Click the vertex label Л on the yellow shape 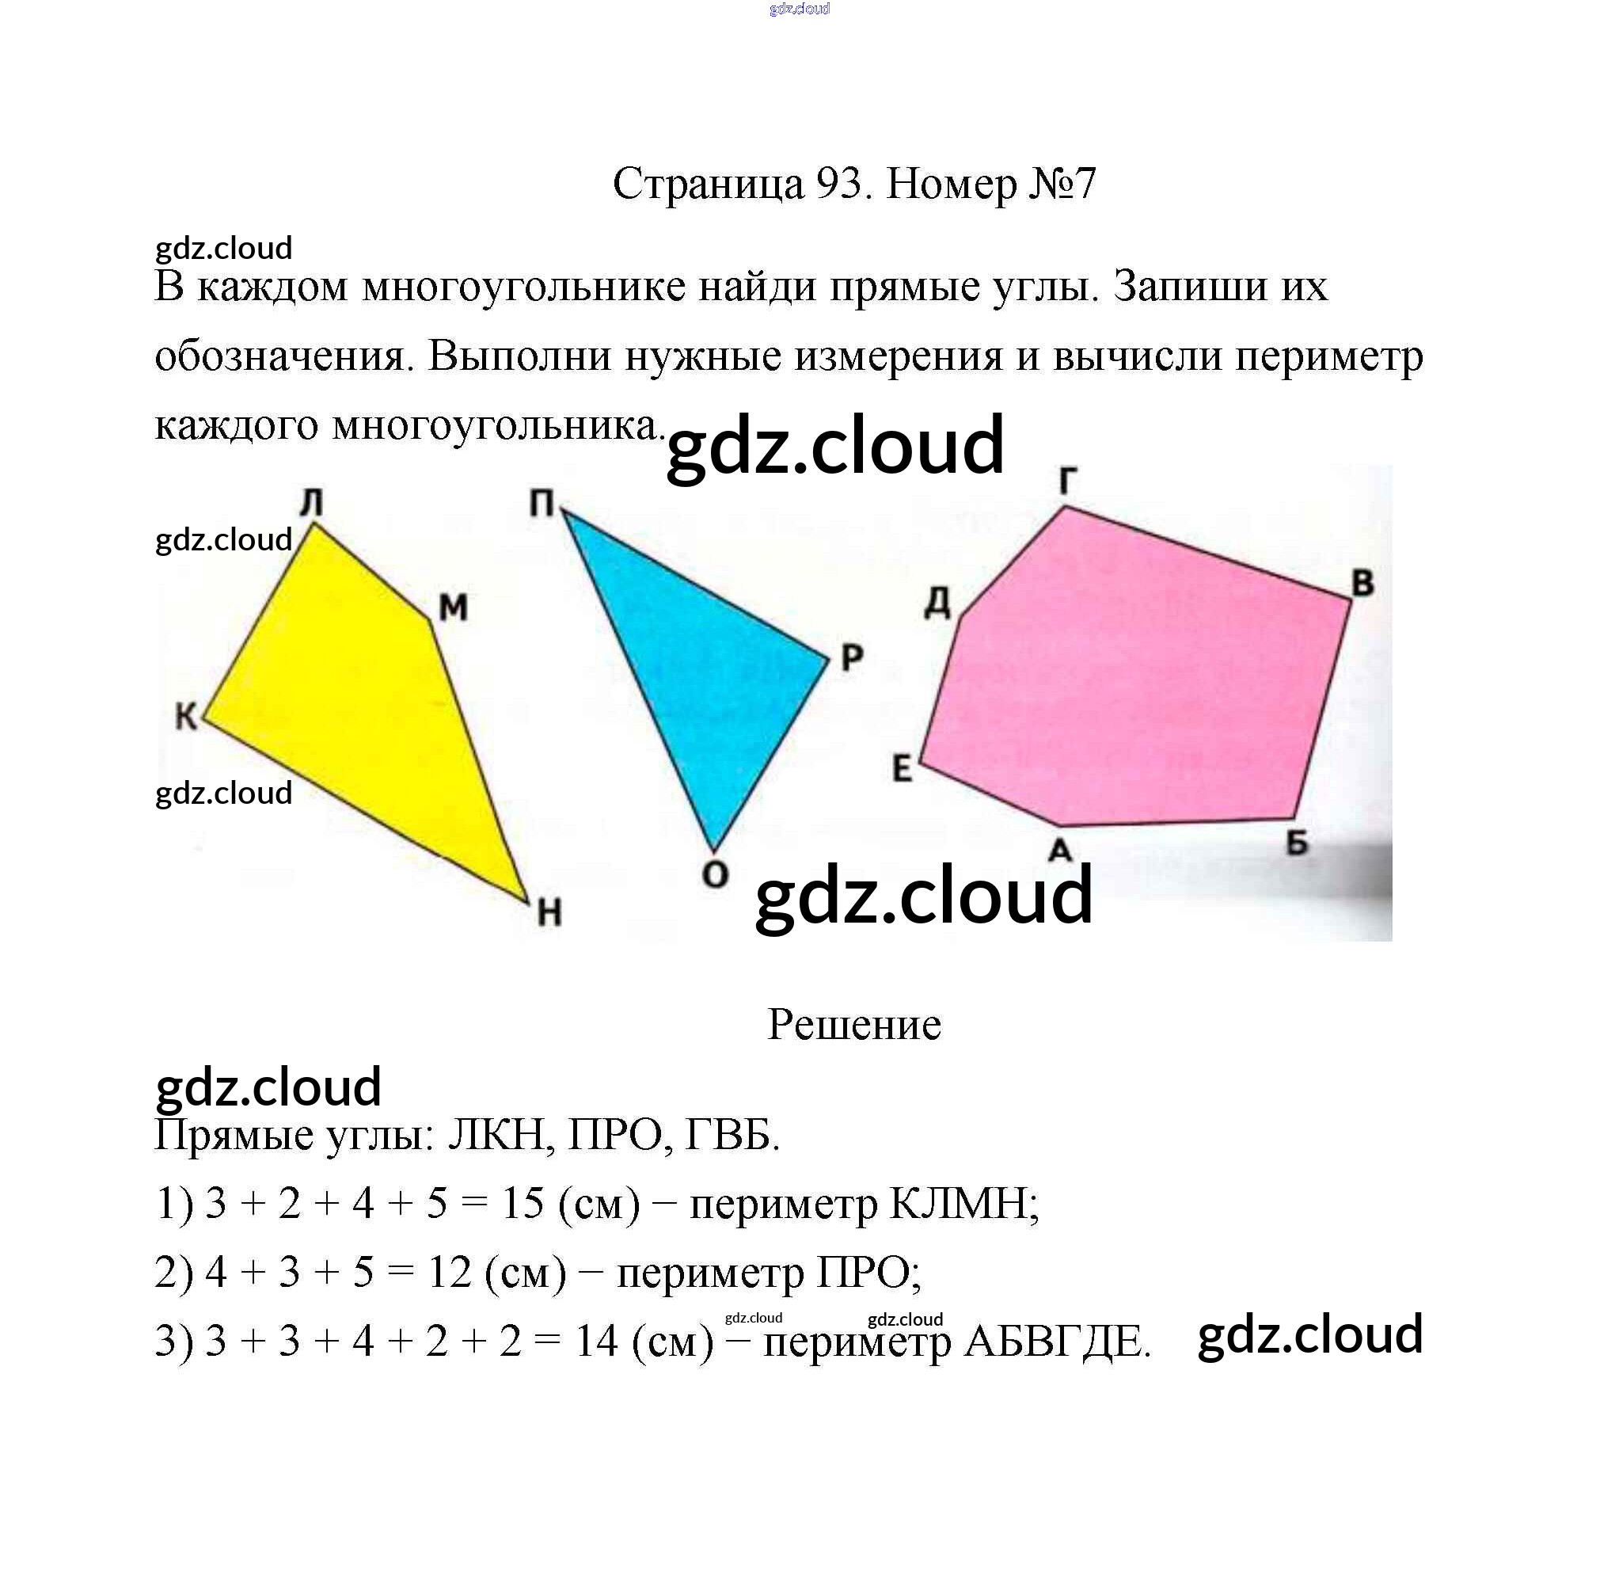pos(311,502)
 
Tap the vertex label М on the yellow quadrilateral pos(453,608)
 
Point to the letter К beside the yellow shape pos(186,717)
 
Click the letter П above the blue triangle pos(542,503)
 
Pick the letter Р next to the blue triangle pos(852,658)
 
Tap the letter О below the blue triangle pos(714,874)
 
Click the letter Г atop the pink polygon pos(1069,481)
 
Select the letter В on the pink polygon pos(1363,584)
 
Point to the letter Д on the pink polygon pos(938,603)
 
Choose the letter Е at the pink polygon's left pos(902,769)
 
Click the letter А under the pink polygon pos(1060,850)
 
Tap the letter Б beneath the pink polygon pos(1298,843)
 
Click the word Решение pos(853,1025)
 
